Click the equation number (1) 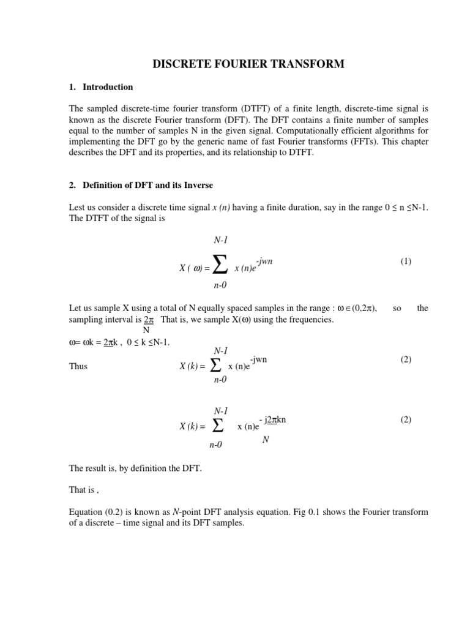pos(406,261)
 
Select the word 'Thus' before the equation pos(78,366)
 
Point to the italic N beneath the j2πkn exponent pos(265,440)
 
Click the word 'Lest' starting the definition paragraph pos(77,208)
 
